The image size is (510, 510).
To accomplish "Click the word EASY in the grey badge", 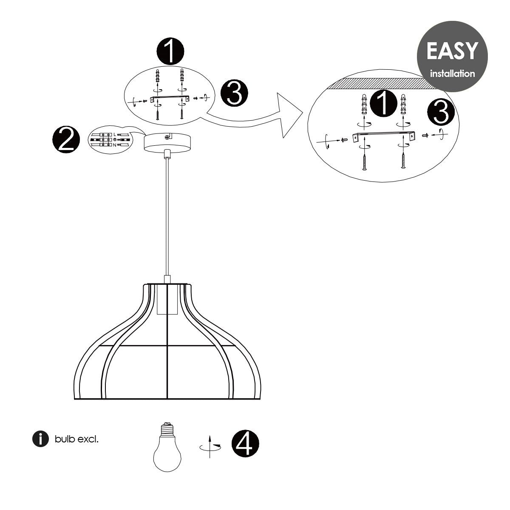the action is tap(452, 51).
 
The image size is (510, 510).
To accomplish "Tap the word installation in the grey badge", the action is tap(452, 73).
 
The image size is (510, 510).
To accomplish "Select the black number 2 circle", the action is tap(66, 139).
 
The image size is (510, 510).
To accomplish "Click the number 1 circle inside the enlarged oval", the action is tap(383, 103).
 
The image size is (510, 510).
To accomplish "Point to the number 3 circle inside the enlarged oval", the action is tap(441, 112).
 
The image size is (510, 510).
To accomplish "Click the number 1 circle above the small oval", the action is tap(170, 51).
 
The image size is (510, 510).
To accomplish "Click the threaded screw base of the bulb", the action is tap(167, 429).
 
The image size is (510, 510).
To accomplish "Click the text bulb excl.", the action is tap(76, 439).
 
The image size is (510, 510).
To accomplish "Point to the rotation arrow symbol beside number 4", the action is tap(210, 447).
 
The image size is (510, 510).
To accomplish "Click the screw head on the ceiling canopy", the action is tap(167, 137).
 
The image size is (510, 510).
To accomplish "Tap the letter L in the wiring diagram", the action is tap(115, 135).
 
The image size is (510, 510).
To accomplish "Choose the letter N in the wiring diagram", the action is tap(115, 145).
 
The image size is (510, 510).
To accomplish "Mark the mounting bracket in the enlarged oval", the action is tap(384, 136).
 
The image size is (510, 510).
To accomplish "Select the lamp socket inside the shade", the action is tap(167, 299).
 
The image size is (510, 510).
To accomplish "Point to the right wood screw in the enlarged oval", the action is tap(403, 161).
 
